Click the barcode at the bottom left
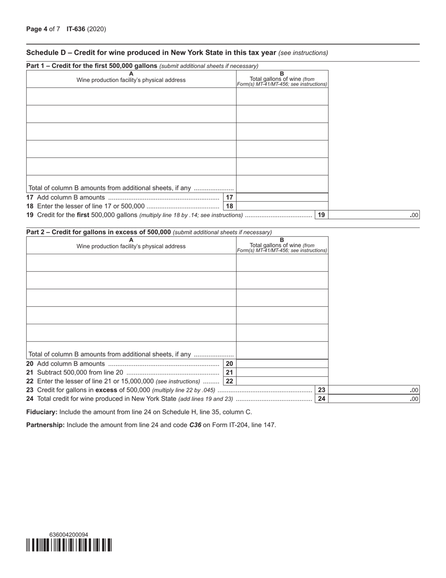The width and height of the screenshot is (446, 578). (69, 545)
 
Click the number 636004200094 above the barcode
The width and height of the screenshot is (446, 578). (69, 535)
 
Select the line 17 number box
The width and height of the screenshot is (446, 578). (230, 197)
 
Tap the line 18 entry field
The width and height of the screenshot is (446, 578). (282, 206)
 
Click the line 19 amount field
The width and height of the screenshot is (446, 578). (375, 215)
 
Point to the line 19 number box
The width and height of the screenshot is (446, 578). (322, 215)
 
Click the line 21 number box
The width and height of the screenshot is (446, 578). (230, 373)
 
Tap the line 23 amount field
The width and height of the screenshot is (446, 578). (375, 390)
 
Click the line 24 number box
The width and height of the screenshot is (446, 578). (322, 399)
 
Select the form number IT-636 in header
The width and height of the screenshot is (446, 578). (76, 29)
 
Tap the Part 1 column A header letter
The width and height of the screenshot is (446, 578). (131, 74)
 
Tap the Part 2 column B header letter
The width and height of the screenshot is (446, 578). (282, 240)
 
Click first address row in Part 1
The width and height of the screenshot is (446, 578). (131, 96)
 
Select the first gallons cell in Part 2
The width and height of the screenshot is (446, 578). (282, 263)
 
